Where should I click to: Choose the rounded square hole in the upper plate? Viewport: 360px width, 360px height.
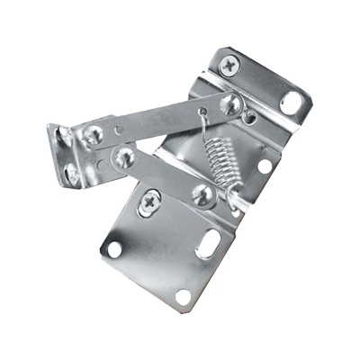point(290,102)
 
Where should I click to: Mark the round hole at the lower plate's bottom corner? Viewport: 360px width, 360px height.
point(182,296)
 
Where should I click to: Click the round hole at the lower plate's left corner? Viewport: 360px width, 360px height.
point(114,248)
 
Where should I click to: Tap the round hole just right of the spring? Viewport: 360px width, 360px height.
point(265,166)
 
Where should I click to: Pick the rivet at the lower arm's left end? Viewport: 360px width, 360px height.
point(124,157)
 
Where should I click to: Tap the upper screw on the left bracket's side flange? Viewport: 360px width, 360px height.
point(63,138)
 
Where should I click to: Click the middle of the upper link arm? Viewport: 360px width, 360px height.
point(162,119)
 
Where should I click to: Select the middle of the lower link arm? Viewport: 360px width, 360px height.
point(165,176)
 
